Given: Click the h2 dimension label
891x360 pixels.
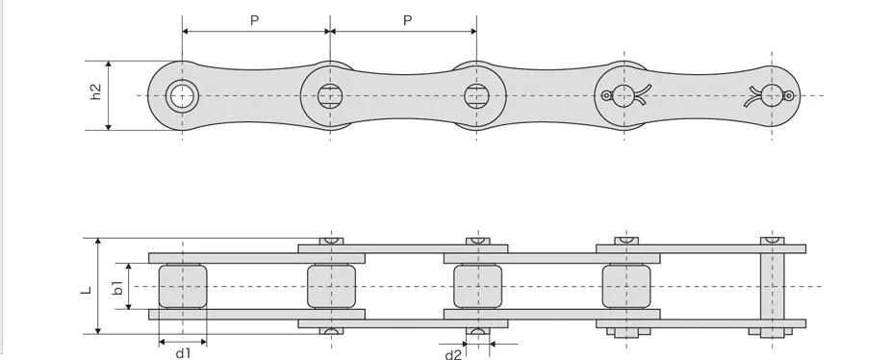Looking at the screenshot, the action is [96, 92].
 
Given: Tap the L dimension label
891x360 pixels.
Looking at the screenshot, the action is [87, 290].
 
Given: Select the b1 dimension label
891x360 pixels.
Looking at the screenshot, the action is [117, 287].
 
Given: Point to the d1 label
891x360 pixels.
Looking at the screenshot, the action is [183, 353].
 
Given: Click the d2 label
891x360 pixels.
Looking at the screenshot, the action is [453, 355].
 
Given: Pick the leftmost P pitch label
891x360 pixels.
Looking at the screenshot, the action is [255, 21].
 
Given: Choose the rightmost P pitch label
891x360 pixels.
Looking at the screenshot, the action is [407, 21].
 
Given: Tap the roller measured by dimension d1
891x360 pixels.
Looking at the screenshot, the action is [183, 286].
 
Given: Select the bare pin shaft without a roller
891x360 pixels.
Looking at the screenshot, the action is [773, 286].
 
